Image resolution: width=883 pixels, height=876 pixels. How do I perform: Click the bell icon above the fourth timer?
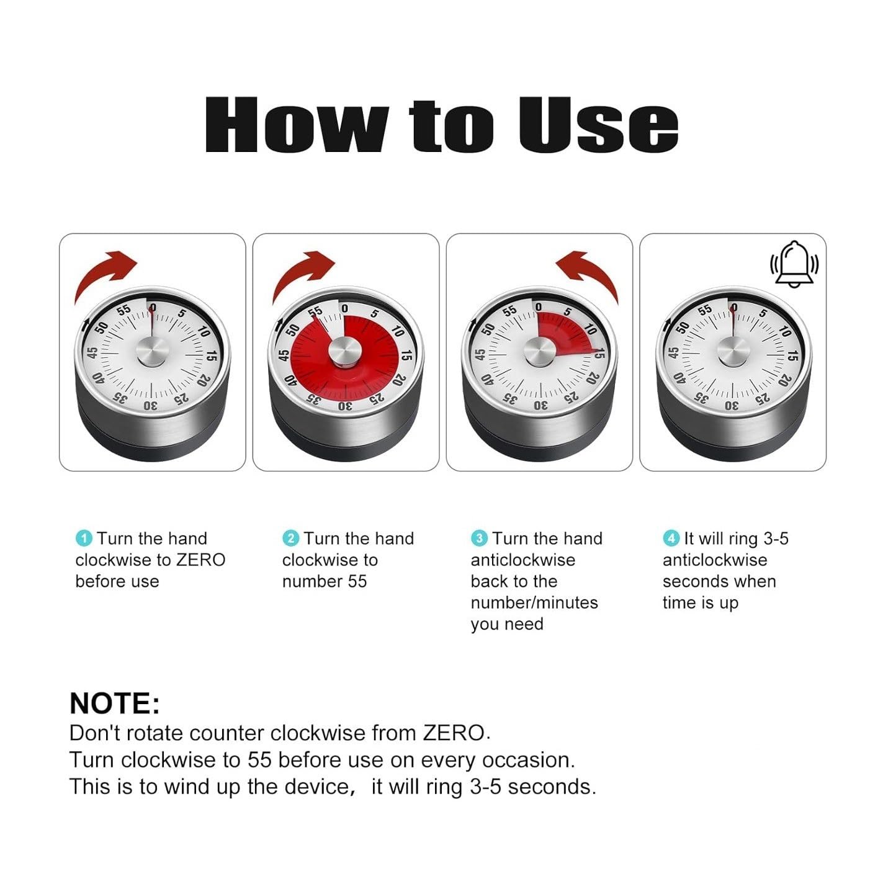tap(794, 265)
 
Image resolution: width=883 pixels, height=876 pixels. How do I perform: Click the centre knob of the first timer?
tap(153, 351)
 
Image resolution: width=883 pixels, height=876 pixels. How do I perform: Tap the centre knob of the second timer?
tap(346, 352)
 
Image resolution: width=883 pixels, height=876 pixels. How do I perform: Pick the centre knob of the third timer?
tap(540, 351)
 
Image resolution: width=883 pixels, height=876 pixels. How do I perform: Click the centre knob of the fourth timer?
tap(733, 351)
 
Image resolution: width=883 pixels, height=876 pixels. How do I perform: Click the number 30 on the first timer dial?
tap(151, 406)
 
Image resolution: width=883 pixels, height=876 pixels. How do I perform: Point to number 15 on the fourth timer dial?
tap(793, 355)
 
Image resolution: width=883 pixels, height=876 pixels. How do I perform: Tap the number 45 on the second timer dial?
tap(284, 355)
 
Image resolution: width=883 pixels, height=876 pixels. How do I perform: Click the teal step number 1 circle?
tap(84, 538)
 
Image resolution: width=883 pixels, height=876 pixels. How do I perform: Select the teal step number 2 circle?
tap(290, 538)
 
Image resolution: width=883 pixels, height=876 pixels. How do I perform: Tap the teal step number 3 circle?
tap(479, 538)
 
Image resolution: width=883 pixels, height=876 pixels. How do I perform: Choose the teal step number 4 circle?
tap(671, 538)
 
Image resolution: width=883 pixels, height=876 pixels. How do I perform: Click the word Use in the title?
tap(598, 125)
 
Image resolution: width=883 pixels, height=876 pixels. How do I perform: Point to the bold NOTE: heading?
tap(115, 704)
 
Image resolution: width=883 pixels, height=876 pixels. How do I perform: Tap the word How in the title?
tap(297, 125)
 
